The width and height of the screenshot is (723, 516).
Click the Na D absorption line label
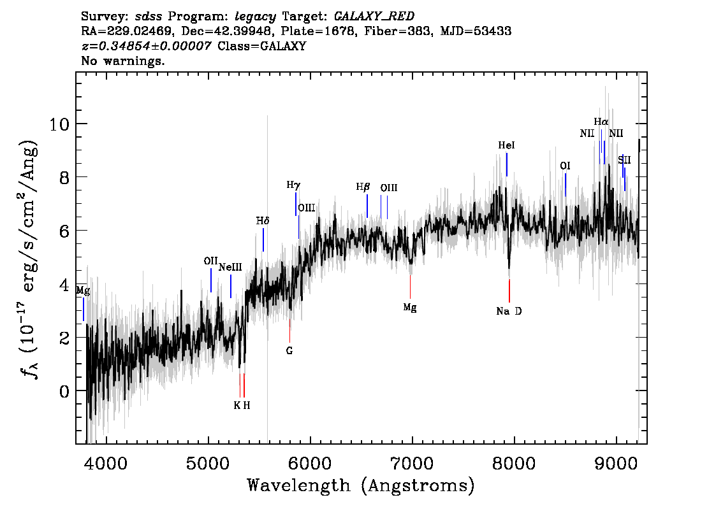[x=509, y=312]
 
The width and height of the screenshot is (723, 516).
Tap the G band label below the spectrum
[x=289, y=350]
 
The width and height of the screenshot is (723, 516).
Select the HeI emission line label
[x=506, y=146]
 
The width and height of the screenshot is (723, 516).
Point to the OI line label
[x=565, y=166]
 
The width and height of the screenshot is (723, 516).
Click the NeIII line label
[x=230, y=268]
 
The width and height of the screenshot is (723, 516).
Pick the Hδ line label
[x=263, y=221]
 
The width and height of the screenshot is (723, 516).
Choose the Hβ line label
[x=363, y=187]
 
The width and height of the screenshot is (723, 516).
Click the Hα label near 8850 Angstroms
[x=601, y=122]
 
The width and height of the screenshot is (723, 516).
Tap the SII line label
[x=624, y=160]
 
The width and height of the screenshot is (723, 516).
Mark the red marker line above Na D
[x=509, y=290]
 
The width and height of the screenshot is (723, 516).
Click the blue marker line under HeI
[x=507, y=164]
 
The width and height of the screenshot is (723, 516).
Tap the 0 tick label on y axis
[x=63, y=391]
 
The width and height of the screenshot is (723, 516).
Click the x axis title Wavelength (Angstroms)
[x=361, y=486]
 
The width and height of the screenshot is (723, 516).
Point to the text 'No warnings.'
[x=123, y=62]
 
